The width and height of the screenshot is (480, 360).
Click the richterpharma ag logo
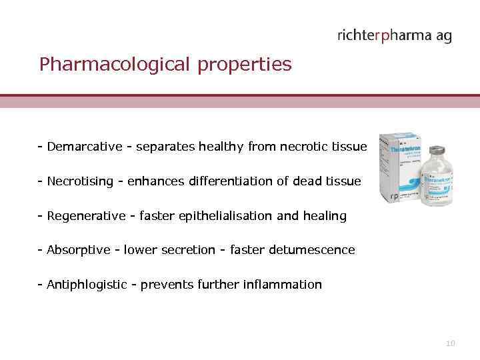(394, 36)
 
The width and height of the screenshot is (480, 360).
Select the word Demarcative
(85, 147)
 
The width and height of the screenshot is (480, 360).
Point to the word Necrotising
(80, 181)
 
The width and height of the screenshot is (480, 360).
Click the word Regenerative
(86, 216)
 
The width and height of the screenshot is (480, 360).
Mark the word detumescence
(312, 251)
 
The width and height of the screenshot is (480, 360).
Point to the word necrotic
(307, 147)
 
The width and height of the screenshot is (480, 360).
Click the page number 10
(451, 343)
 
